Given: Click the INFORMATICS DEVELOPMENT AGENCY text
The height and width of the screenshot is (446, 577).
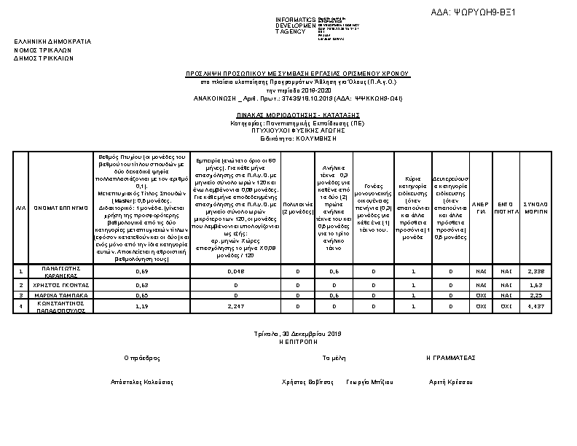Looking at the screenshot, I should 295,25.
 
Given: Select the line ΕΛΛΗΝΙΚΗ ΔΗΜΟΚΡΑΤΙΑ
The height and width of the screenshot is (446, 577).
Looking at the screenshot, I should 52,42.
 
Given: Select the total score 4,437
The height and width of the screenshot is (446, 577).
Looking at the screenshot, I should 535,306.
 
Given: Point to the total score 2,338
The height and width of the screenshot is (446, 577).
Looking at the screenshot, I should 535,271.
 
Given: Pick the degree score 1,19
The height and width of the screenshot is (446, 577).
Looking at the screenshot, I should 142,306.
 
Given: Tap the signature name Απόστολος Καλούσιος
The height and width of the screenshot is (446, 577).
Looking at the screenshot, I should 141,382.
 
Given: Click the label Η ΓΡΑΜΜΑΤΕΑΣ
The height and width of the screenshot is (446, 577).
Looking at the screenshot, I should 450,358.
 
